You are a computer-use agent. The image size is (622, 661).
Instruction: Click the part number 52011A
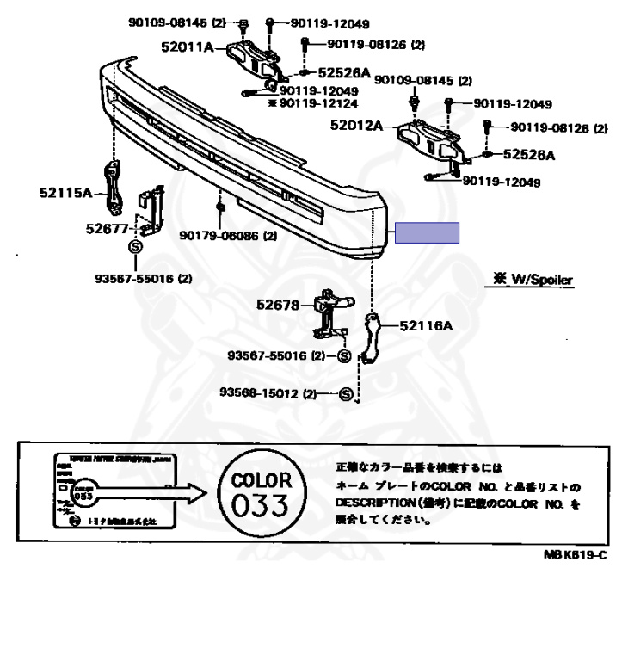click(187, 47)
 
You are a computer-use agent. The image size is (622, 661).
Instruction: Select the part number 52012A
click(354, 126)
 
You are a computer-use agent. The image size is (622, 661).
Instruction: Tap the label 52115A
click(65, 194)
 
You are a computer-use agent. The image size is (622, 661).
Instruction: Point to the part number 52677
click(107, 229)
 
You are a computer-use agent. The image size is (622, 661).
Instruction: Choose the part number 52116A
click(425, 326)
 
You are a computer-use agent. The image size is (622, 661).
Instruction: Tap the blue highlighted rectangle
click(428, 233)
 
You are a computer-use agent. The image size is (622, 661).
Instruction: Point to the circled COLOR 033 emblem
click(262, 491)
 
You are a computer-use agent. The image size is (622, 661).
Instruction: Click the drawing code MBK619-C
click(574, 555)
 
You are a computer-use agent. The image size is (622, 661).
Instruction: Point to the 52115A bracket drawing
click(113, 189)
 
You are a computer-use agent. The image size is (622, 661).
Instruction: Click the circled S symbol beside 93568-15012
click(347, 394)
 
